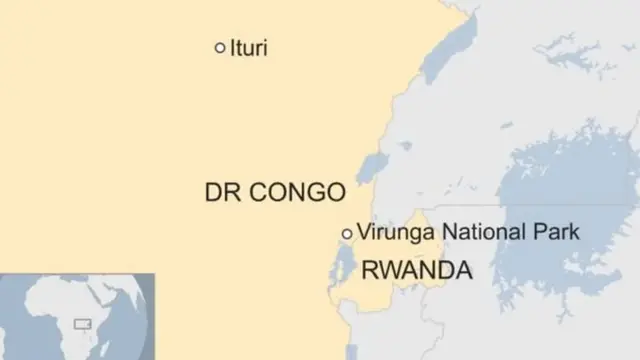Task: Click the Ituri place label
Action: pos(248,48)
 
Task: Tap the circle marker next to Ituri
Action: pos(220,47)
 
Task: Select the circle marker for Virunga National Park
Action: pos(347,233)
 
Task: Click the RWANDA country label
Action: pos(415,269)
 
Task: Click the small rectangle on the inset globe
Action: pos(82,324)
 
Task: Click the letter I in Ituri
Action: pos(233,48)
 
